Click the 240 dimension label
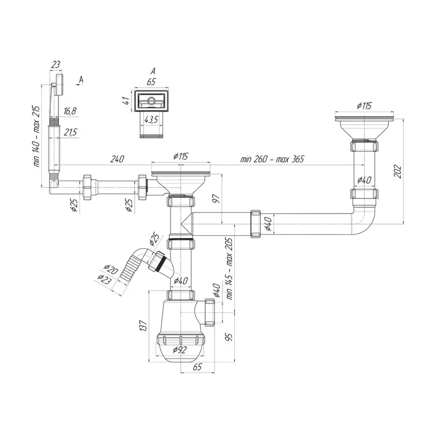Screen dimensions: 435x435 tap(117, 159)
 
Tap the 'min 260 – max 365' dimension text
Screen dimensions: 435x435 tap(272, 159)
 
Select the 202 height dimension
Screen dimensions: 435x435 tap(398, 172)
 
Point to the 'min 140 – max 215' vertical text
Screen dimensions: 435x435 tap(37, 136)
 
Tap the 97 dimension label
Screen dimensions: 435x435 tap(216, 199)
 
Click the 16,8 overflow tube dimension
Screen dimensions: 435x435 tap(70, 111)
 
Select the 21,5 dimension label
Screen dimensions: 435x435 tap(70, 132)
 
